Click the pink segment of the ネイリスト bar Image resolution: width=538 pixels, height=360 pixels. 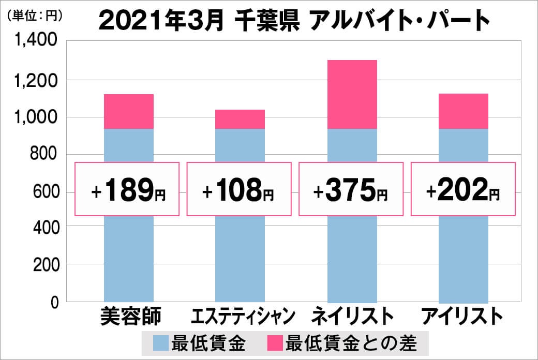pyautogui.click(x=352, y=94)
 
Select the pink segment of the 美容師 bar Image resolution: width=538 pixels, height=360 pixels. pyautogui.click(x=129, y=111)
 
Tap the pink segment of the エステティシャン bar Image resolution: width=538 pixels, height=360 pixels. pyautogui.click(x=240, y=119)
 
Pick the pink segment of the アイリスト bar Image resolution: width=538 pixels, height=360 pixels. pyautogui.click(x=464, y=111)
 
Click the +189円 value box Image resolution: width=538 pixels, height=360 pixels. pyautogui.click(x=127, y=189)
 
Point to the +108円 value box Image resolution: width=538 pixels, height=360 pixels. pyautogui.click(x=239, y=189)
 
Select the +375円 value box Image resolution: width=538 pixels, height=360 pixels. pyautogui.click(x=351, y=189)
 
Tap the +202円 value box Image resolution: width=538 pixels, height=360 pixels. pyautogui.click(x=463, y=189)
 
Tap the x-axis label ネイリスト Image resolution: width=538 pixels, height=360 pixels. pyautogui.click(x=352, y=316)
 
